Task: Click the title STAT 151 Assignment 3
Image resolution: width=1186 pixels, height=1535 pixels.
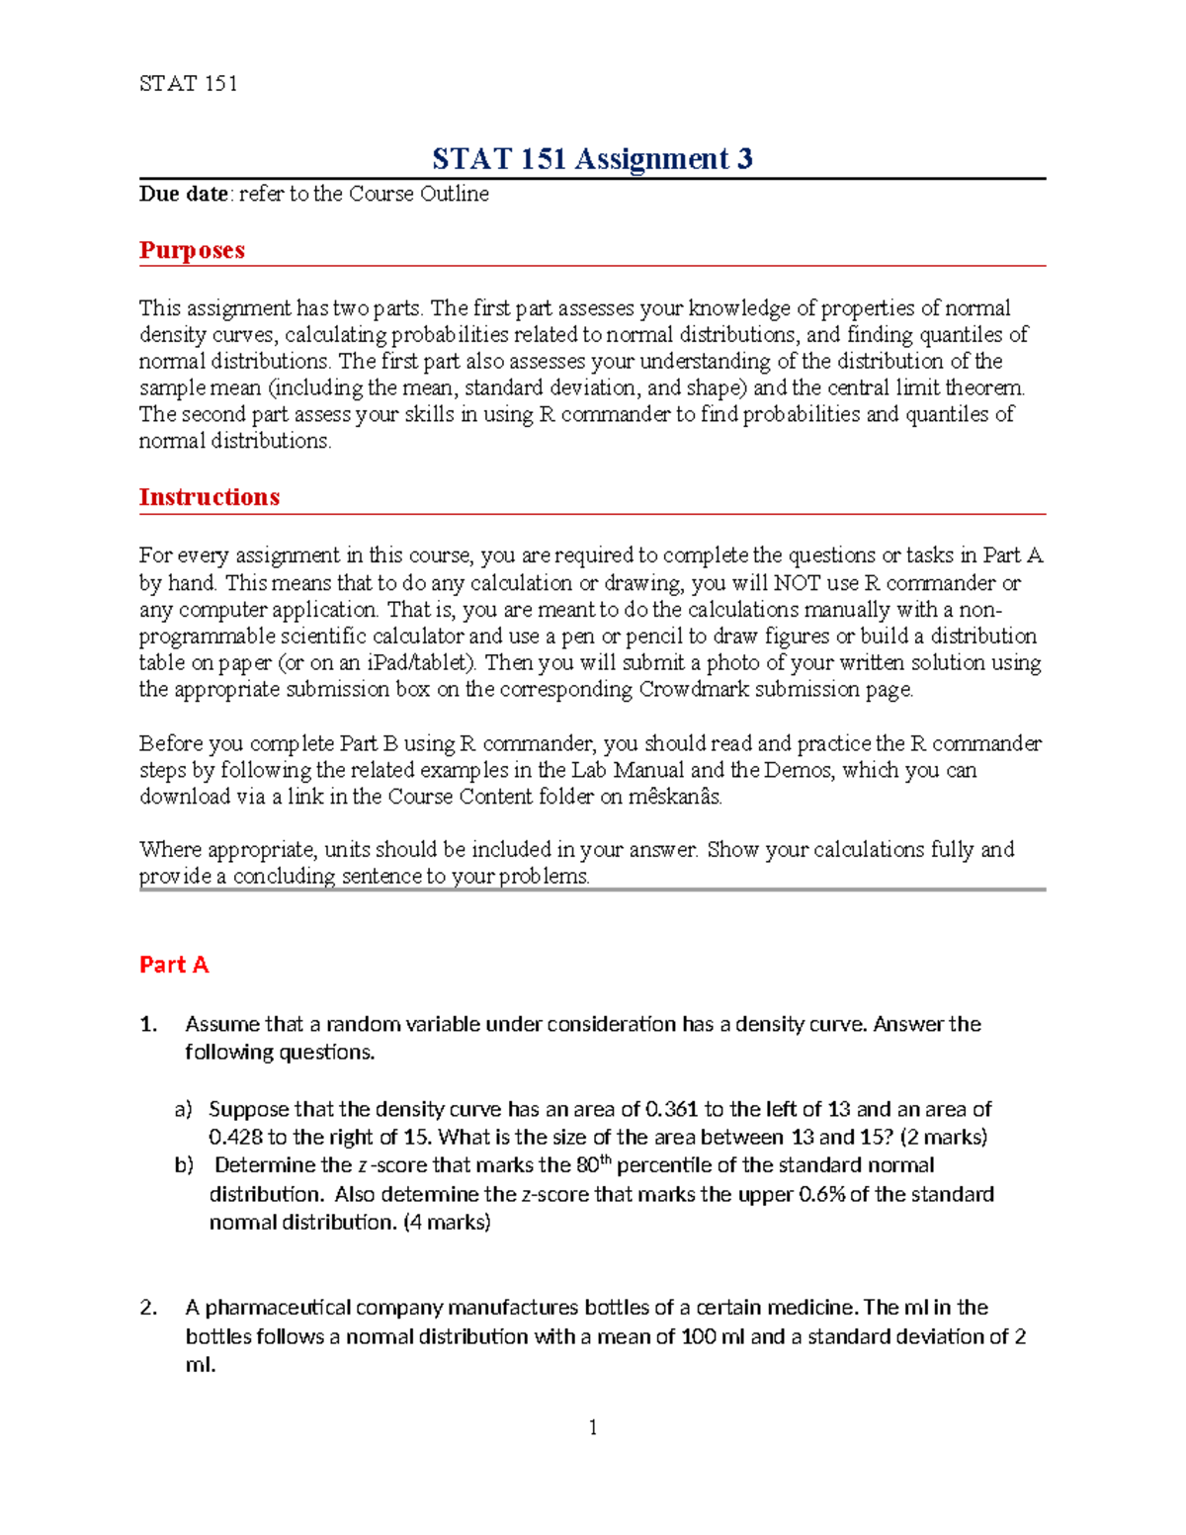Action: click(x=592, y=158)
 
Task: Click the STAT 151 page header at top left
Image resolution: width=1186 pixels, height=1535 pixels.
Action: click(x=188, y=84)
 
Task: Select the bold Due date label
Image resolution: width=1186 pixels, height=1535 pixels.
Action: click(x=183, y=194)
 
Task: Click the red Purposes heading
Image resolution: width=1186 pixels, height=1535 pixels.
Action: click(x=192, y=250)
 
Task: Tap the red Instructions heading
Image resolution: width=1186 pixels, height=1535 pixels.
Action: click(x=209, y=497)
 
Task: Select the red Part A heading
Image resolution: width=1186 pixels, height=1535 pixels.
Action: click(x=174, y=965)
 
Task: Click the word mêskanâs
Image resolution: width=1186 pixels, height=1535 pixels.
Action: click(x=674, y=797)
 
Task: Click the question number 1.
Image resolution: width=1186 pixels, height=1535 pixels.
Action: click(x=148, y=1025)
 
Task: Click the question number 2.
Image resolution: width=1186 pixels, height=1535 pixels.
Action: click(x=148, y=1308)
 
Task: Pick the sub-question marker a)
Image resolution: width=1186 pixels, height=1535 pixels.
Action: click(x=183, y=1110)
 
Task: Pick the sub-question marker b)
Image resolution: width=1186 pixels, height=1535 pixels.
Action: click(x=184, y=1165)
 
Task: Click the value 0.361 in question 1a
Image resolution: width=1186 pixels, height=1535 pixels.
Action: click(x=671, y=1110)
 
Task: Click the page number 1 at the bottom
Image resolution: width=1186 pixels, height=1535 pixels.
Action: click(x=592, y=1427)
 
